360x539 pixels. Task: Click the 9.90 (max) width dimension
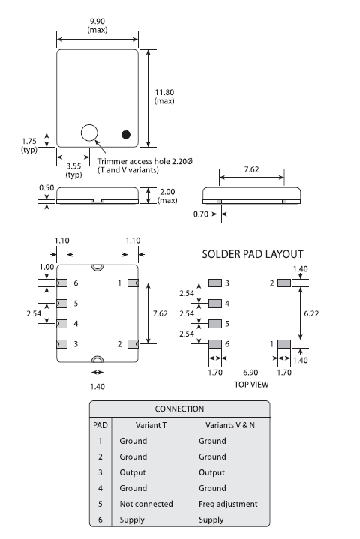tap(97, 25)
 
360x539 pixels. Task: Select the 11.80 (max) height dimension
tap(164, 96)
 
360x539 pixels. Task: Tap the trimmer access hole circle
tap(90, 133)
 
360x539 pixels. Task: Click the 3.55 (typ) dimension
tap(73, 170)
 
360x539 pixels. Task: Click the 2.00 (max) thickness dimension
tap(166, 196)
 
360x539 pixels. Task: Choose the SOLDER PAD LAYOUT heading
tap(253, 254)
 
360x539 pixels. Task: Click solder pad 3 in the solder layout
tap(216, 283)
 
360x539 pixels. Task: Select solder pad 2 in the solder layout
tap(284, 283)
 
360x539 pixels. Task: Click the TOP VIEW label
tap(250, 384)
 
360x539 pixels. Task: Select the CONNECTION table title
tap(179, 409)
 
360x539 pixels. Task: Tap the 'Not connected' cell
tap(145, 504)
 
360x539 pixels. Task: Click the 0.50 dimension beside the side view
tap(46, 189)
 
